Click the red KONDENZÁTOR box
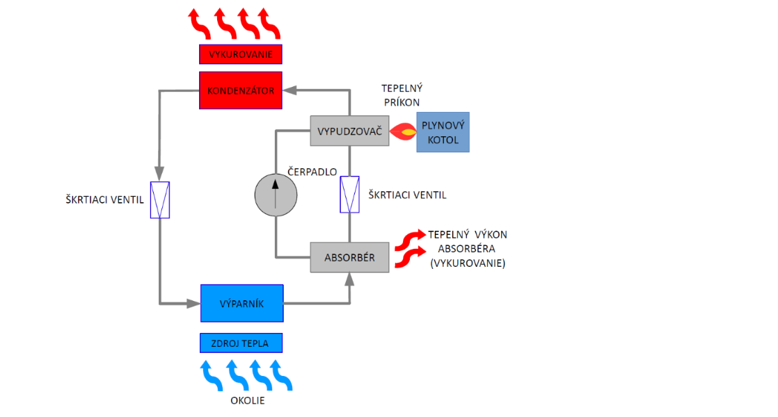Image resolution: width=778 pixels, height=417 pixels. tap(241, 90)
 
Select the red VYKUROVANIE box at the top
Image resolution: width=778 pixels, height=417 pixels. tap(241, 54)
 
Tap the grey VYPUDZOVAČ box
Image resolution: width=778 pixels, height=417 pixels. tap(349, 131)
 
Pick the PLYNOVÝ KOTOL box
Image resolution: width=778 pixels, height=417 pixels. tap(443, 132)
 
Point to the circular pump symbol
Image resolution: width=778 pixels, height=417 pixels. tap(276, 194)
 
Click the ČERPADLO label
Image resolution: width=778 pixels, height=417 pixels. tap(312, 172)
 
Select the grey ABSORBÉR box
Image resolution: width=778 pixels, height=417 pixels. tap(349, 258)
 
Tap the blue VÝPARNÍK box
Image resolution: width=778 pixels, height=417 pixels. tap(241, 303)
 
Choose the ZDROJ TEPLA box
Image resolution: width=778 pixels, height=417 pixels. tap(241, 343)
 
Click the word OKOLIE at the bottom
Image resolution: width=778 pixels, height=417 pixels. tap(248, 401)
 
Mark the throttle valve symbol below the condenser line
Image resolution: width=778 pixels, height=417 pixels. tap(160, 200)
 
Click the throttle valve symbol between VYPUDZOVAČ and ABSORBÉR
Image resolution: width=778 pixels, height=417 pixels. tap(349, 195)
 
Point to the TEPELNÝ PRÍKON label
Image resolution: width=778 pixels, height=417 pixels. tap(402, 95)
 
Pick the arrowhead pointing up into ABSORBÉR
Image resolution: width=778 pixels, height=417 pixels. tap(349, 279)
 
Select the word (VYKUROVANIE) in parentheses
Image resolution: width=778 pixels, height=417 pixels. tap(468, 264)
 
